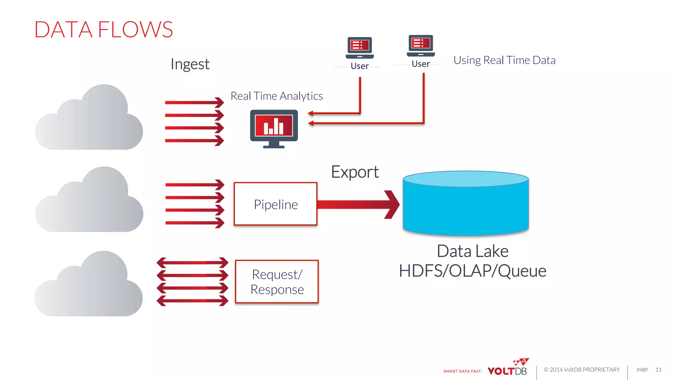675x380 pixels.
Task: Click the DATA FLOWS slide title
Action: [x=103, y=30]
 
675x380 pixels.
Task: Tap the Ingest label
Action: [x=190, y=64]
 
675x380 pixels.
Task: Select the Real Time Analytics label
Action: [x=277, y=96]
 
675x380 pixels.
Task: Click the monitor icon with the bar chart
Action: [x=274, y=128]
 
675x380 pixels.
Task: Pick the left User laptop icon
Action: [x=360, y=48]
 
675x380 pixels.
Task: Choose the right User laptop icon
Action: [x=421, y=46]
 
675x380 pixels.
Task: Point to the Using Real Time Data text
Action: [x=504, y=60]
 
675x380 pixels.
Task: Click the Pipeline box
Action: [x=276, y=204]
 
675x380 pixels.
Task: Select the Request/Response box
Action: [x=277, y=282]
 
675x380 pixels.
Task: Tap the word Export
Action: [x=355, y=172]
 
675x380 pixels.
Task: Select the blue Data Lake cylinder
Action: [x=466, y=205]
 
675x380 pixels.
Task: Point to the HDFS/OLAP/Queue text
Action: [x=472, y=271]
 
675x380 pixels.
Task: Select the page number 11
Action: [x=658, y=369]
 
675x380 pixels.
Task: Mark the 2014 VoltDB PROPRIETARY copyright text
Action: [x=582, y=370]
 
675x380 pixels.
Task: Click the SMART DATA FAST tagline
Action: [x=462, y=371]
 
